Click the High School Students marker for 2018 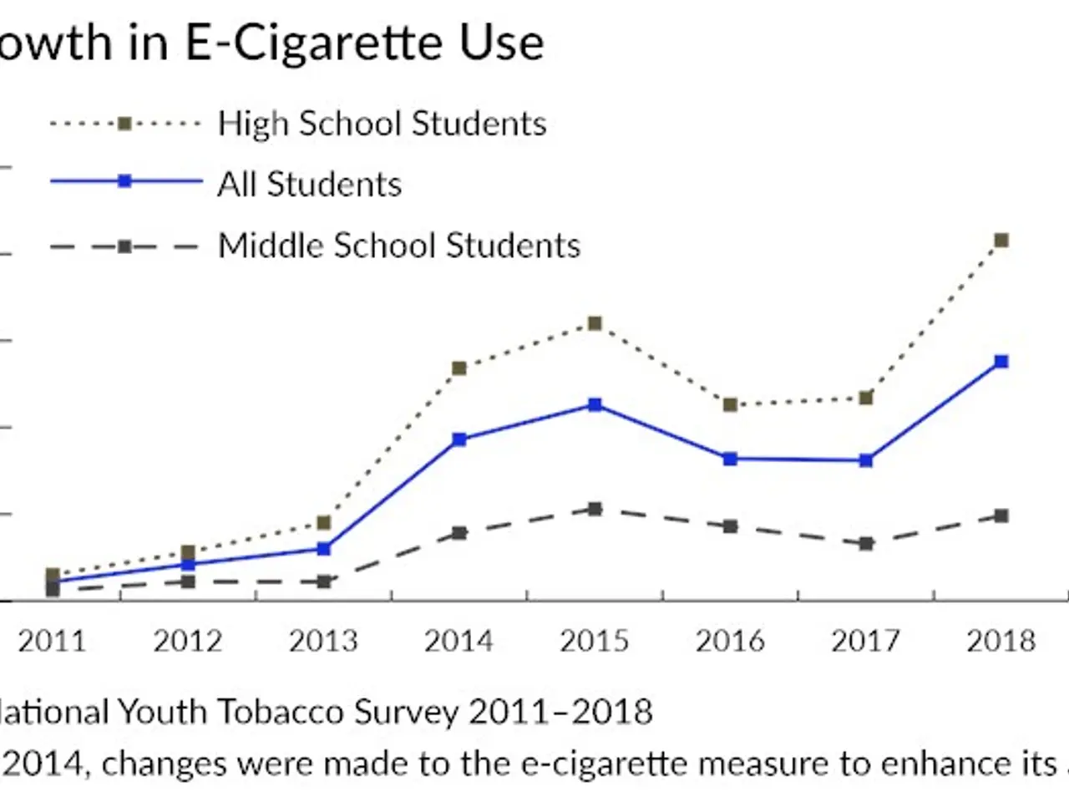1001,241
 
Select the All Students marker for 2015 595,405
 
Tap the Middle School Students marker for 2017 866,544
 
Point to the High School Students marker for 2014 459,368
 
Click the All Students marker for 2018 1001,362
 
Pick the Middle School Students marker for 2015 595,509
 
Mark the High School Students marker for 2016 730,405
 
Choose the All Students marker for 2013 324,549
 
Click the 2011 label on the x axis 52,641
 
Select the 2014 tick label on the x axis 459,641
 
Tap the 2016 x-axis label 730,641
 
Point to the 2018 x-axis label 1001,641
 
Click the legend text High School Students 382,124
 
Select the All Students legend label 309,185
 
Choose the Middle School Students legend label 398,246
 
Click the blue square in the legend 124,181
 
